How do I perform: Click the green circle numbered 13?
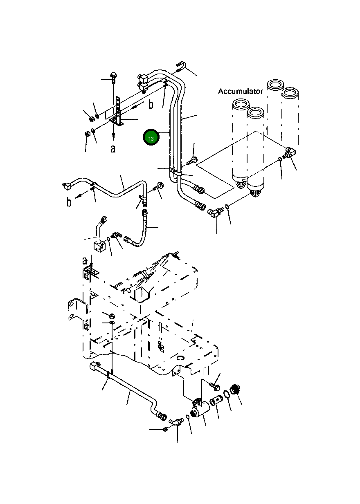point(151,137)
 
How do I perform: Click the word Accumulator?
point(241,91)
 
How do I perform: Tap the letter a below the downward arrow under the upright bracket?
point(113,148)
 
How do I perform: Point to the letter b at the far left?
point(69,202)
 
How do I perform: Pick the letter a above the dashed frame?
point(84,261)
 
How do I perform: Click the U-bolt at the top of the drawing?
point(181,66)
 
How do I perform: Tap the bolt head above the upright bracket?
point(113,75)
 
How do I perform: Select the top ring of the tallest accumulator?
point(275,85)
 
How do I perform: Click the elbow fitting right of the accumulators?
point(290,152)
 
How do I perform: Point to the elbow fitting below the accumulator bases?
point(216,212)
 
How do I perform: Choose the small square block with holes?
point(99,246)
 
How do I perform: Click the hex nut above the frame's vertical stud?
point(111,316)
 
